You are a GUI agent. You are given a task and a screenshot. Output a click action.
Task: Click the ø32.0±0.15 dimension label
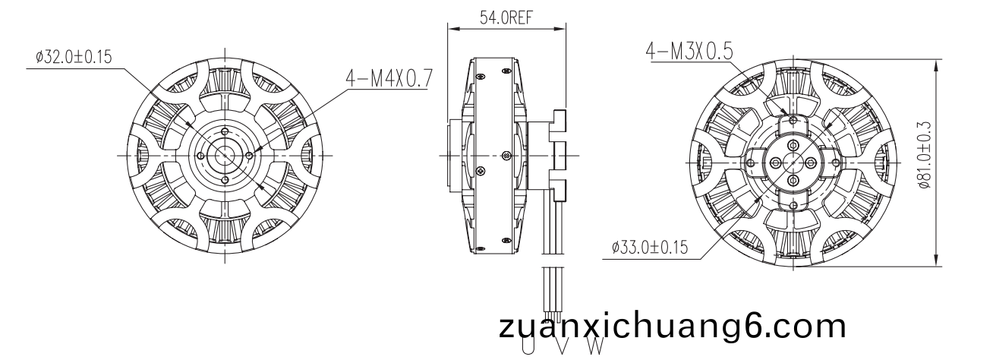74,58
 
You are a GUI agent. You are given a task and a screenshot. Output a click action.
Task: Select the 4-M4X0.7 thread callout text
389,79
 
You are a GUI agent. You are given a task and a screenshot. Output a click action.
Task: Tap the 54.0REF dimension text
506,17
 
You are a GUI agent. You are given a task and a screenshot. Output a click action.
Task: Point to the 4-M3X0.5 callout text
689,52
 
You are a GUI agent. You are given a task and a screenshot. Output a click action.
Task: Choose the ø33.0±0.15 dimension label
650,247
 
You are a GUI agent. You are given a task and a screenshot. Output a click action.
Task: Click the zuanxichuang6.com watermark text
673,327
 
